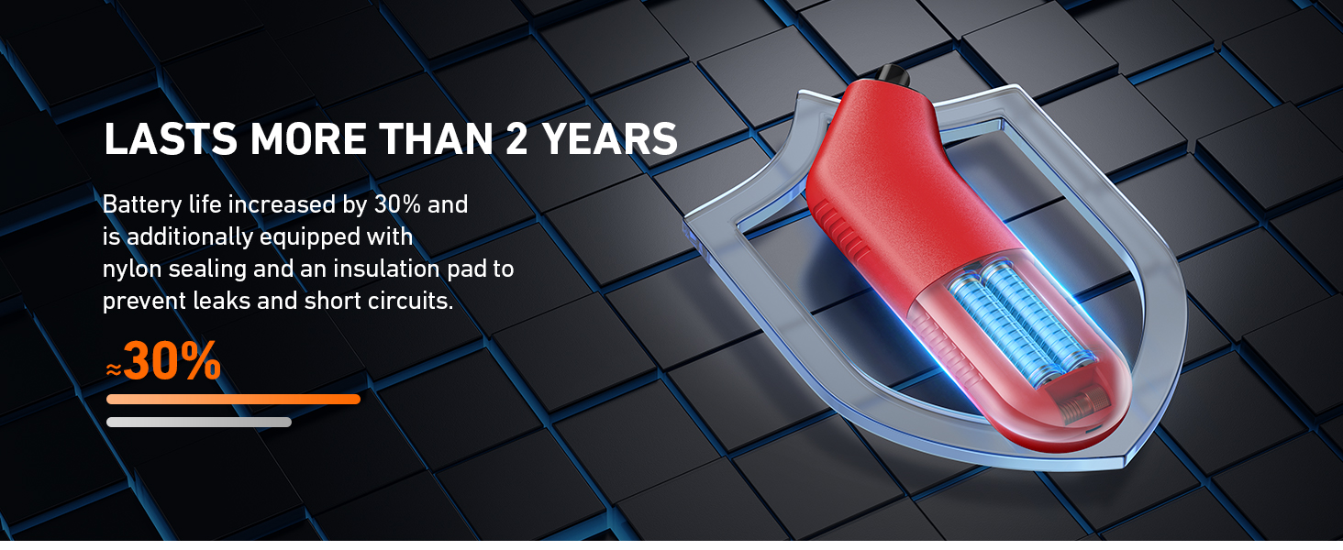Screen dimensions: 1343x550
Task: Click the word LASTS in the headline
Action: point(171,139)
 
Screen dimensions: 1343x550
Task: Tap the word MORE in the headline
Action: point(308,139)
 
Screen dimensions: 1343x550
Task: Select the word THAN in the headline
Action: point(436,139)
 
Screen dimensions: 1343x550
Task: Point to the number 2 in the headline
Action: point(516,139)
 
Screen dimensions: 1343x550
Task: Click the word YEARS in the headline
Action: point(610,139)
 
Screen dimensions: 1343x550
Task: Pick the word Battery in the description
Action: point(142,205)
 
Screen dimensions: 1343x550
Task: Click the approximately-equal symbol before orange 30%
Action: point(114,369)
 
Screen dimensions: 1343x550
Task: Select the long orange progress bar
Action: point(233,400)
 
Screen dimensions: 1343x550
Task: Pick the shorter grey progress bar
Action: point(199,423)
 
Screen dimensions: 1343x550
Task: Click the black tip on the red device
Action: point(892,75)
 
